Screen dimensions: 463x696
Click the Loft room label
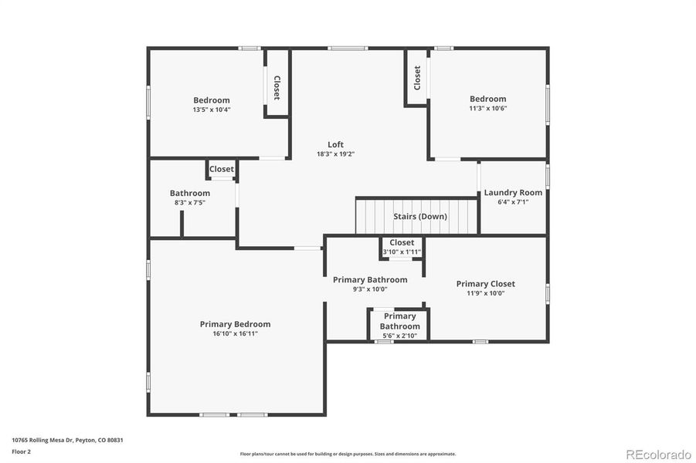[x=335, y=144]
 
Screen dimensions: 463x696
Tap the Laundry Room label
[x=513, y=192]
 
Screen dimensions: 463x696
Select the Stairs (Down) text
[x=420, y=216]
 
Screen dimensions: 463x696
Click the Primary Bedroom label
[x=235, y=324]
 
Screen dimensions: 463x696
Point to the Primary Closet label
[x=485, y=283]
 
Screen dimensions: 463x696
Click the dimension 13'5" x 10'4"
[x=211, y=110]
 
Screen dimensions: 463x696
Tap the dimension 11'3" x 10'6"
[x=487, y=108]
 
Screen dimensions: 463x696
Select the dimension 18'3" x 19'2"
[x=335, y=154]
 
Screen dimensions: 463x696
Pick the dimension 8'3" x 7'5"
[x=190, y=202]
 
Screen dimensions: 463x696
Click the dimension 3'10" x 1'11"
[x=402, y=252]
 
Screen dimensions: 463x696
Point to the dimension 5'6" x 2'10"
[x=399, y=336]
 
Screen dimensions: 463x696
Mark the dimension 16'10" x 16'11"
[x=235, y=333]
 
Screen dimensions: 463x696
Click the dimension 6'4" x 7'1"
[x=513, y=202]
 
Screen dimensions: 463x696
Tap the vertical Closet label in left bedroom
[x=277, y=87]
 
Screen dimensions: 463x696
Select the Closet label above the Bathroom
[x=221, y=169]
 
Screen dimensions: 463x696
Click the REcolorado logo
[x=658, y=453]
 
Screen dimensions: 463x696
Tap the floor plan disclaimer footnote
[x=348, y=454]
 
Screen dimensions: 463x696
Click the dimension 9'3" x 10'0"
[x=370, y=289]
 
